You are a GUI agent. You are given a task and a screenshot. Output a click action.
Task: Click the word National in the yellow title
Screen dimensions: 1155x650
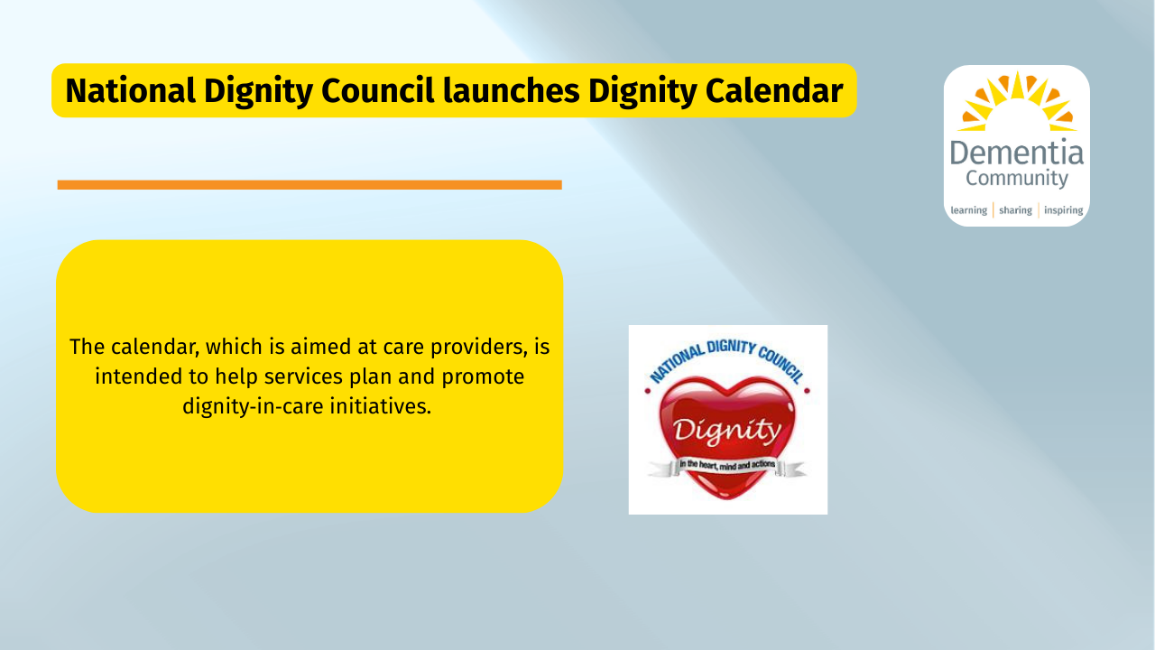click(x=131, y=91)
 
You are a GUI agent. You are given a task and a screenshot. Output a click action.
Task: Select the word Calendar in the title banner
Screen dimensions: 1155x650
click(x=774, y=91)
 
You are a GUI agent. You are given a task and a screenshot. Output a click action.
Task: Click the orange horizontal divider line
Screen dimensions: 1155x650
click(x=310, y=185)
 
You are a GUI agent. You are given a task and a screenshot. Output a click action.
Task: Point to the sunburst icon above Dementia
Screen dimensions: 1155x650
click(x=1017, y=102)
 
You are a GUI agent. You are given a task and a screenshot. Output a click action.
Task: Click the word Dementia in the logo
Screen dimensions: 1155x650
click(x=1017, y=153)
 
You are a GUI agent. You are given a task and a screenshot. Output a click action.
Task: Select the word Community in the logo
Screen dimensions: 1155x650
click(x=1017, y=179)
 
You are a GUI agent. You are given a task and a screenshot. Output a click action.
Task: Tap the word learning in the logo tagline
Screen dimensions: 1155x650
click(x=969, y=210)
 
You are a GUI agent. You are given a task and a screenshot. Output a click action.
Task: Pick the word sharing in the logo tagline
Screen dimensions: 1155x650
click(x=1015, y=210)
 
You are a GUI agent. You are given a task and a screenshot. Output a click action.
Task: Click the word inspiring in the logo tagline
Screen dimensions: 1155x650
click(x=1063, y=210)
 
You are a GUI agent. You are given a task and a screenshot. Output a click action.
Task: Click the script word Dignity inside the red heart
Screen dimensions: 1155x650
click(x=727, y=431)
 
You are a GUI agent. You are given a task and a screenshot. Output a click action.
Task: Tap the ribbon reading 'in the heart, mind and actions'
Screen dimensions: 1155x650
click(x=727, y=467)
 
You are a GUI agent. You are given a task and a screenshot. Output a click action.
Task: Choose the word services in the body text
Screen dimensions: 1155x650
click(x=303, y=376)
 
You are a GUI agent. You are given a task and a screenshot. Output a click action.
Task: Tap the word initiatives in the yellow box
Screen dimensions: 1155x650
click(x=381, y=406)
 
